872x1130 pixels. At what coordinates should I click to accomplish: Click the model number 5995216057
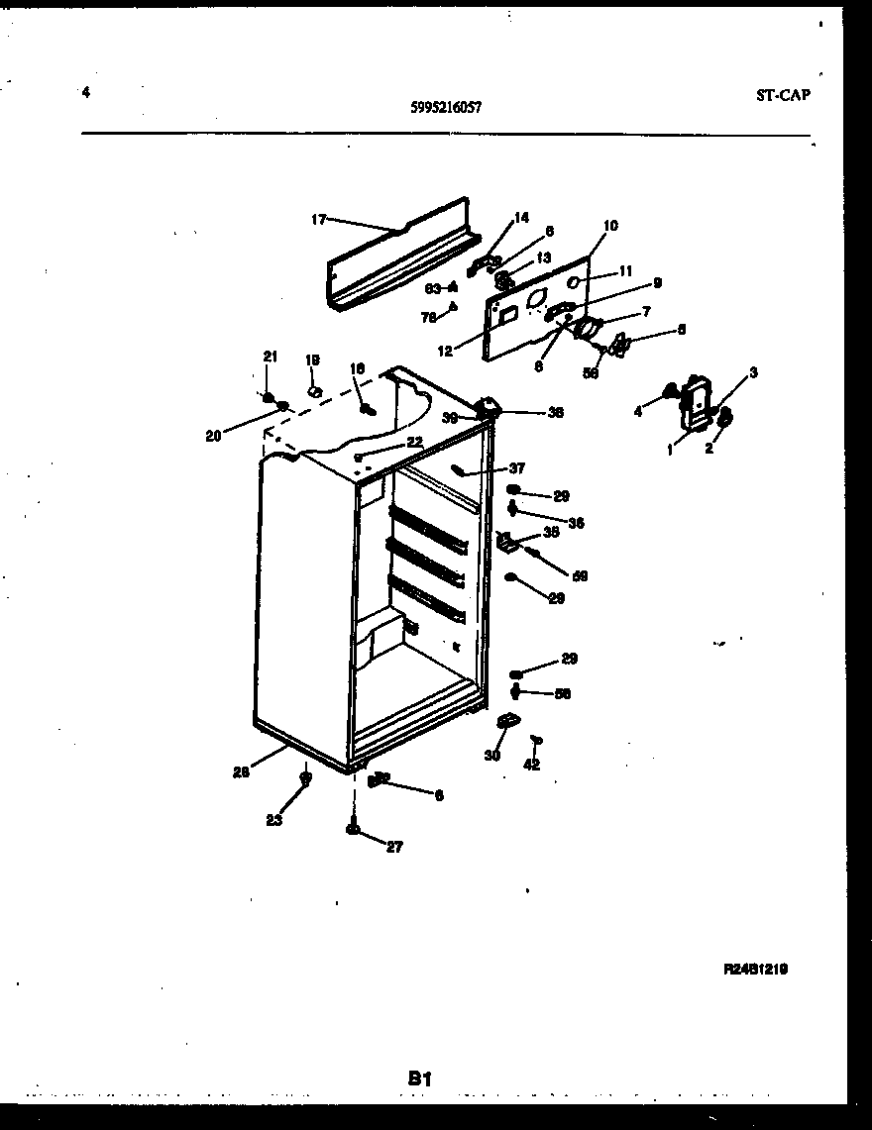pos(446,111)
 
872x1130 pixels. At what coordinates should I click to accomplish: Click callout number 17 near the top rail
pos(318,220)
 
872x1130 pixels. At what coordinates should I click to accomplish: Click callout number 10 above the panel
pos(609,226)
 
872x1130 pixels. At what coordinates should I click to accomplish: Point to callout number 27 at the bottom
pos(394,847)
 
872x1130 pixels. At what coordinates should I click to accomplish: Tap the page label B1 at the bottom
pos(422,1078)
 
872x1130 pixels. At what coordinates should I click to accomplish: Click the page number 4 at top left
pos(86,93)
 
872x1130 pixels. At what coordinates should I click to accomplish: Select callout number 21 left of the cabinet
pos(270,357)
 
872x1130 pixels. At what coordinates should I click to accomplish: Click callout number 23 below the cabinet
pos(273,820)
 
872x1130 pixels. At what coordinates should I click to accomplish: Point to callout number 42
pos(532,765)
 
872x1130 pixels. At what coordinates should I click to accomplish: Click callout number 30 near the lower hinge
pos(492,756)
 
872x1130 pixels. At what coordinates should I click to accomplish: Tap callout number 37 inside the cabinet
pos(516,468)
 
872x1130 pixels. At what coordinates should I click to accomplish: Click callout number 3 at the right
pos(753,372)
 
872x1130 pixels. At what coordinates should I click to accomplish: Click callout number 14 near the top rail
pos(521,218)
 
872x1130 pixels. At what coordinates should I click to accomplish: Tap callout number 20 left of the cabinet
pos(213,434)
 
